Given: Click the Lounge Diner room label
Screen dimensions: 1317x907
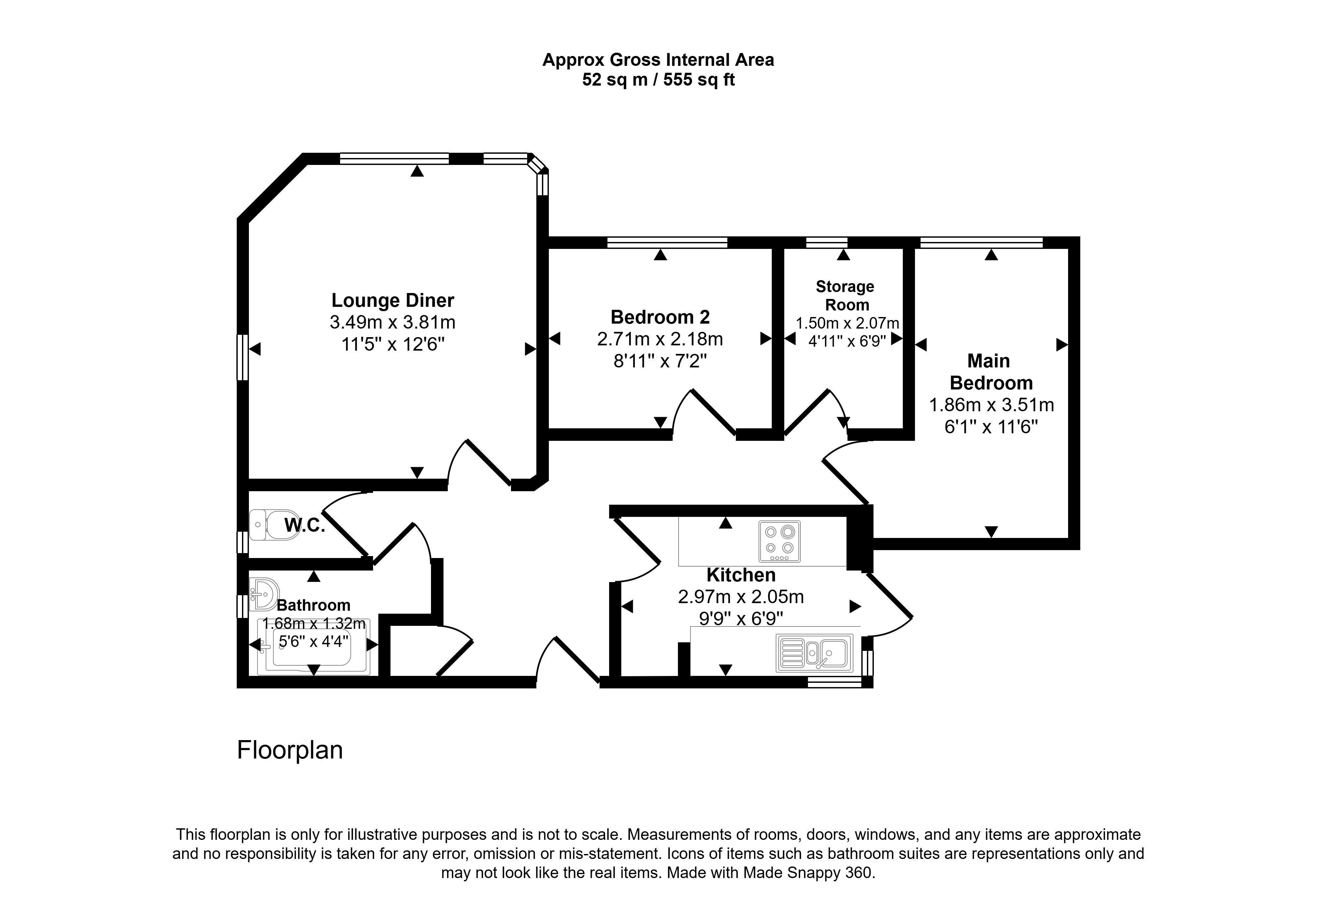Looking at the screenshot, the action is (x=393, y=300).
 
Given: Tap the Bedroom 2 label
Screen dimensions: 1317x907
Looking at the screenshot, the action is (x=660, y=316).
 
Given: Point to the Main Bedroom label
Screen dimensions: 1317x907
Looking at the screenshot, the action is (x=991, y=372).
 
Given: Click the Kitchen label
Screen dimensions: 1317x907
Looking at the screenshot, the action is (x=740, y=575).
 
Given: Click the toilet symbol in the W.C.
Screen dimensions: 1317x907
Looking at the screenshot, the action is (x=275, y=524).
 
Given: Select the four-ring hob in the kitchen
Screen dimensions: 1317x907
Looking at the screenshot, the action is (x=779, y=541).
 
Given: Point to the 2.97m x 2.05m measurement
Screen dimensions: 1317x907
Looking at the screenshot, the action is (x=740, y=597).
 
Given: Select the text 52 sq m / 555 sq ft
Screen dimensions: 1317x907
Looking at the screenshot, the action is (x=658, y=80).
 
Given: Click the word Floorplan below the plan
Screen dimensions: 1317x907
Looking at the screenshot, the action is (x=290, y=750).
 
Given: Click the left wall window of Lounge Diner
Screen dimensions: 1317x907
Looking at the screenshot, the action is (x=243, y=357).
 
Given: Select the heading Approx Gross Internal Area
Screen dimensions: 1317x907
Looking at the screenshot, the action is (x=658, y=60).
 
